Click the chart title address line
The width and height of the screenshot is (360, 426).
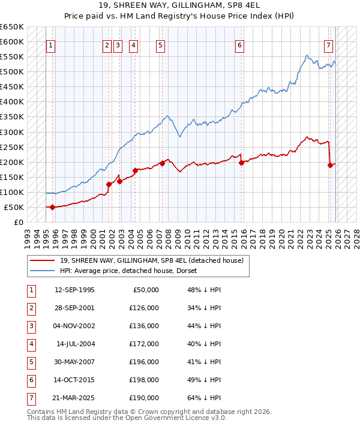(x=179, y=5)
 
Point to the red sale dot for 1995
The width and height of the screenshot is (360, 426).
(x=52, y=207)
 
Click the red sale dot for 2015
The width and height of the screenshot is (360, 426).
(x=241, y=163)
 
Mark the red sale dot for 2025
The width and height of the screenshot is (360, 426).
(x=330, y=165)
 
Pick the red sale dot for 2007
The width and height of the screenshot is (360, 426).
(x=162, y=163)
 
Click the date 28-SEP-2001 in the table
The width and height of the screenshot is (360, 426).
(x=74, y=308)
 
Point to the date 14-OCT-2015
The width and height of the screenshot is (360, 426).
(x=74, y=380)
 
